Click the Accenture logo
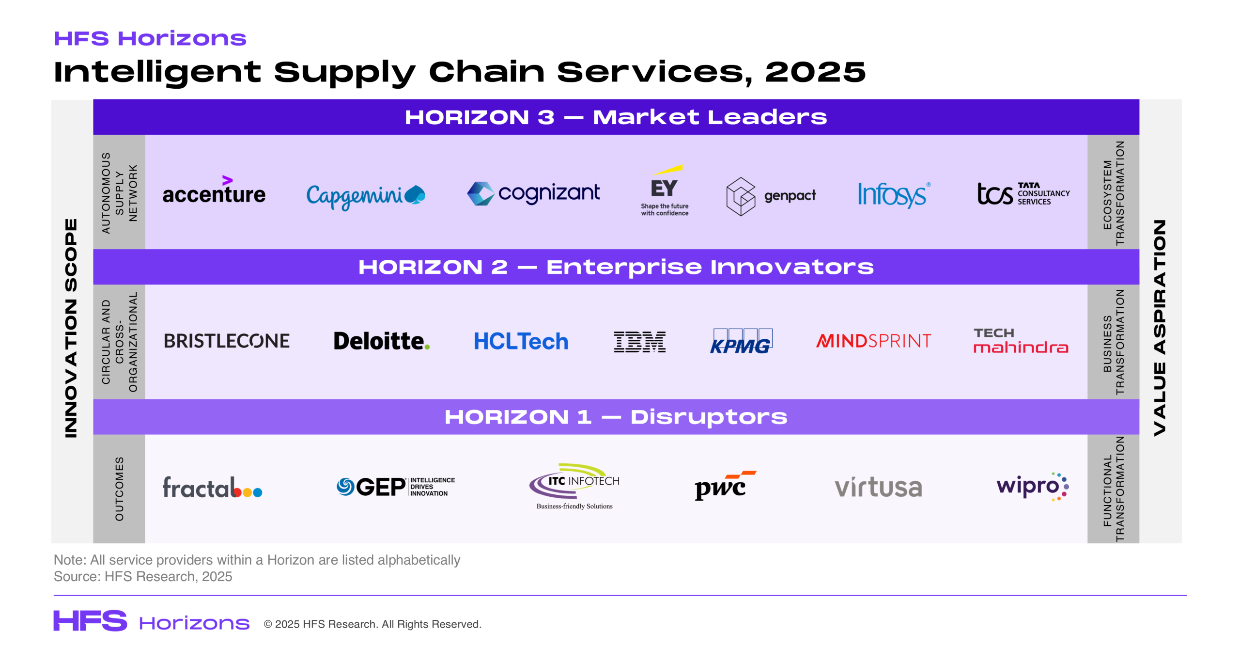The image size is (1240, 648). click(214, 190)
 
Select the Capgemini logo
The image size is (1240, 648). click(366, 196)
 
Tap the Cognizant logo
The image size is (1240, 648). click(533, 193)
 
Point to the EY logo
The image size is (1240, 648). click(665, 190)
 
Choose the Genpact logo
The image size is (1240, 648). click(771, 196)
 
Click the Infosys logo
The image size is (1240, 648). click(894, 195)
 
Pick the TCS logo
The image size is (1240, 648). click(1023, 193)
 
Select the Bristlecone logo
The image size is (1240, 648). click(227, 341)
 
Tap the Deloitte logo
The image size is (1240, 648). click(382, 341)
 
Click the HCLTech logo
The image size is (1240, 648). click(521, 341)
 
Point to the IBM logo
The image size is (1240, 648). click(639, 342)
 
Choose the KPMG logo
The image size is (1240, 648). click(741, 341)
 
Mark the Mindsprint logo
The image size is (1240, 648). click(873, 341)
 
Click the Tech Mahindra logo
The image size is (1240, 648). click(1021, 340)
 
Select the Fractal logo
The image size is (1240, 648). click(212, 487)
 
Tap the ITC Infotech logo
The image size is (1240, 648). click(574, 486)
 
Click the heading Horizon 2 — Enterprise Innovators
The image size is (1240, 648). click(616, 267)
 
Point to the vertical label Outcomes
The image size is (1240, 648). click(119, 489)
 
